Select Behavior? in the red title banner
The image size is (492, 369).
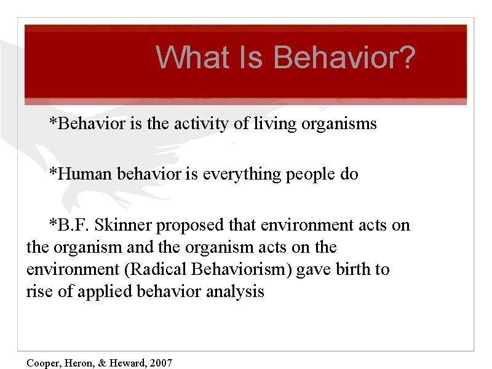[x=344, y=57]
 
